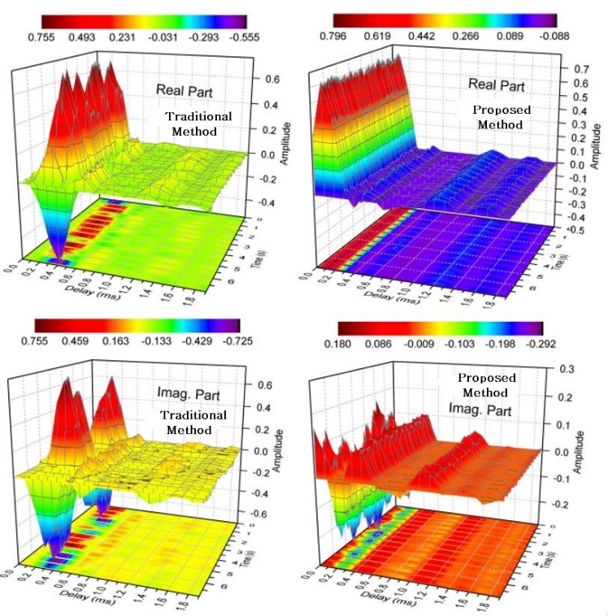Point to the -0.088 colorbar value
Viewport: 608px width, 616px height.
click(554, 37)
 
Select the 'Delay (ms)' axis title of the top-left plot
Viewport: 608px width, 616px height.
click(92, 290)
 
